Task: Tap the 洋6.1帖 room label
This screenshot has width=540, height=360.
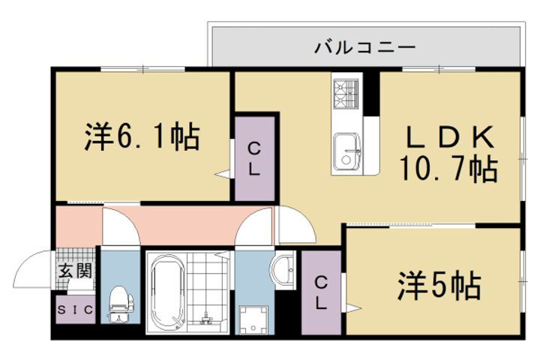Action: point(142,137)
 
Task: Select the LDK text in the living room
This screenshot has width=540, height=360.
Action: point(450,138)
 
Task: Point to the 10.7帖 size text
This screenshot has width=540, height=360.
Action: point(451,169)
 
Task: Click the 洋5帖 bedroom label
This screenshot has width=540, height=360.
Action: point(439,285)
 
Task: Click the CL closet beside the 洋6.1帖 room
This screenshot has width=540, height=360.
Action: point(254,158)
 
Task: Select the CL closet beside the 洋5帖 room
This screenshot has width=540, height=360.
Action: point(321,293)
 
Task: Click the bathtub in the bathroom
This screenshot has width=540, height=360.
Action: point(166,292)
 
